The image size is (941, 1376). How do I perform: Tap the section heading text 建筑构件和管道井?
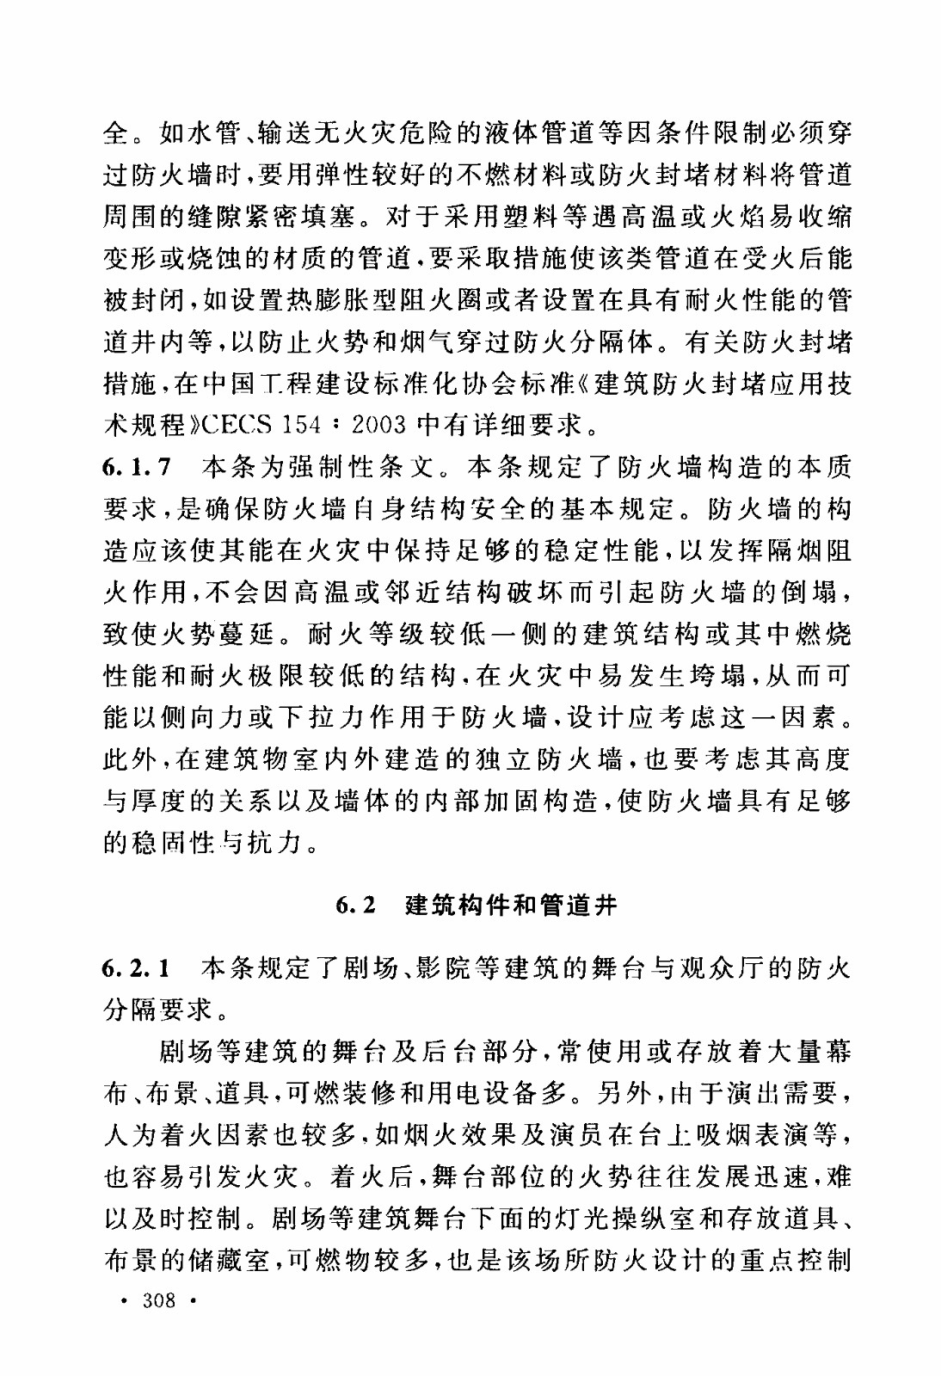click(x=511, y=906)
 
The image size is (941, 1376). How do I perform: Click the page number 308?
click(x=160, y=1299)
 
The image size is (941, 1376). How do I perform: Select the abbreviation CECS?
click(x=242, y=425)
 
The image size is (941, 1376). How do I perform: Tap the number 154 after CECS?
click(x=304, y=425)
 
